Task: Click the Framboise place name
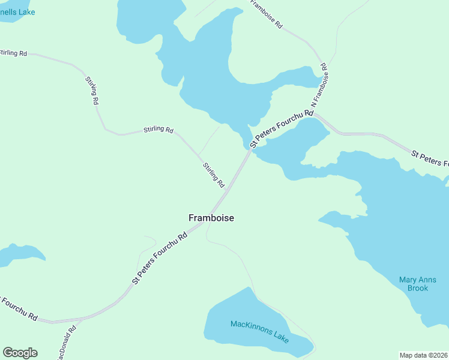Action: [211, 218]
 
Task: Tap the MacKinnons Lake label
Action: [259, 332]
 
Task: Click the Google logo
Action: [20, 353]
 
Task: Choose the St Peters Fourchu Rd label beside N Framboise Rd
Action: [282, 128]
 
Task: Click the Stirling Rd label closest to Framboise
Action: [213, 175]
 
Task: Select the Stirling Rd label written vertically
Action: [92, 91]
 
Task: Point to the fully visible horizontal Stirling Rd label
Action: [158, 130]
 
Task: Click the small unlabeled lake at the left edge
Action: [18, 254]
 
